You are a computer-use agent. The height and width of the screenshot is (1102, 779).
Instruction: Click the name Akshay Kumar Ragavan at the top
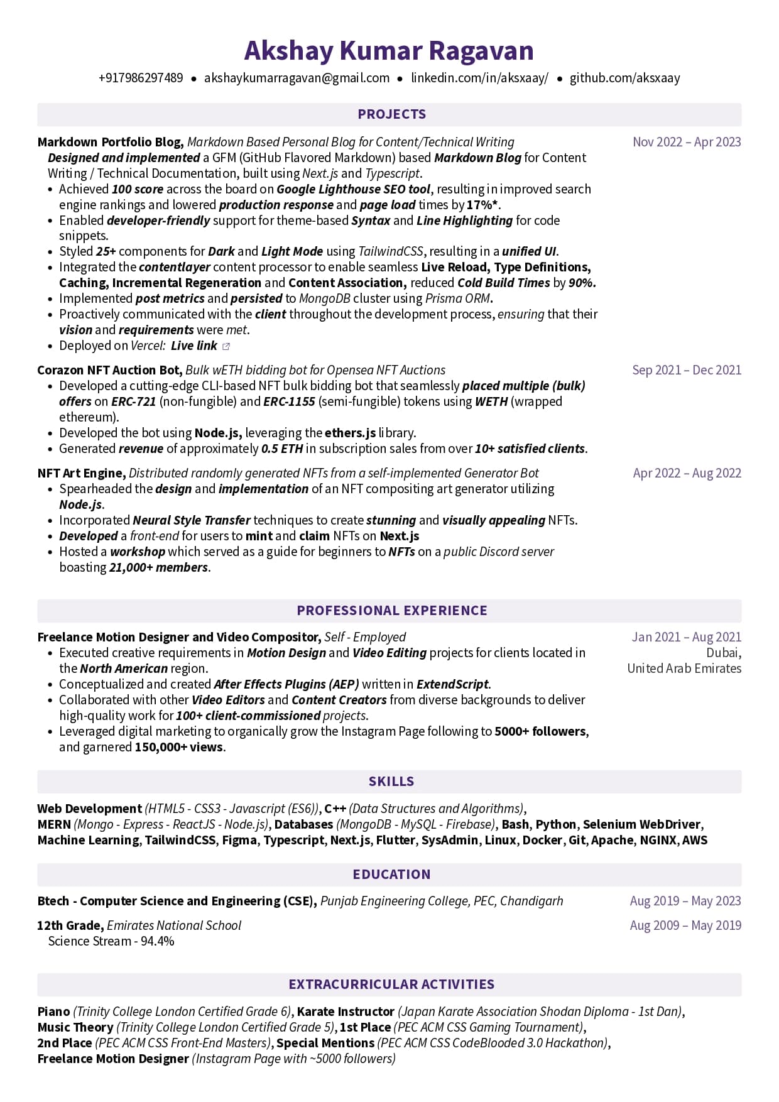point(389,51)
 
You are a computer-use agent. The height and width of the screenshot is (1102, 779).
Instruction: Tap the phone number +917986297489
point(141,78)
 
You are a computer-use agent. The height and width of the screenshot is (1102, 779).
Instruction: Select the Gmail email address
point(297,78)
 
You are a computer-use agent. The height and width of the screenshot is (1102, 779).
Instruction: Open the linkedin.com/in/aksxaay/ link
point(479,78)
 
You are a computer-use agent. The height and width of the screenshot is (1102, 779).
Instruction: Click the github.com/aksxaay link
point(624,78)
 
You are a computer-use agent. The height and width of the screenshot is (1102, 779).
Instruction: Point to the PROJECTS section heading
point(391,114)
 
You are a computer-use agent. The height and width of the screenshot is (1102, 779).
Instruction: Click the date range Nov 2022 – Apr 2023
point(687,142)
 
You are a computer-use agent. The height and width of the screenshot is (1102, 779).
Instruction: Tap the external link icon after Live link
point(226,346)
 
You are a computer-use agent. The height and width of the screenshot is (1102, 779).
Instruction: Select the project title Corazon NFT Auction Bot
point(109,370)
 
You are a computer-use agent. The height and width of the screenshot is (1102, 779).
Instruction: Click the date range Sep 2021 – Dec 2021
point(687,370)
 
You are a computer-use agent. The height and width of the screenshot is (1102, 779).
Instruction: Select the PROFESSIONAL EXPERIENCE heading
point(391,611)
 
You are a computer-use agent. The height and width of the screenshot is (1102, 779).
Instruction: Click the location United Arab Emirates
point(684,668)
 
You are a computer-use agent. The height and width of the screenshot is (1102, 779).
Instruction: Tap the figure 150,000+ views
point(178,747)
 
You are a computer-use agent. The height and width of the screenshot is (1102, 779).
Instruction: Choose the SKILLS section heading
point(391,782)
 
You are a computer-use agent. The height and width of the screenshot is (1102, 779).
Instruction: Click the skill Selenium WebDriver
point(641,824)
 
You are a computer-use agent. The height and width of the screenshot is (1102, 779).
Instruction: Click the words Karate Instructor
point(346,1012)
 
